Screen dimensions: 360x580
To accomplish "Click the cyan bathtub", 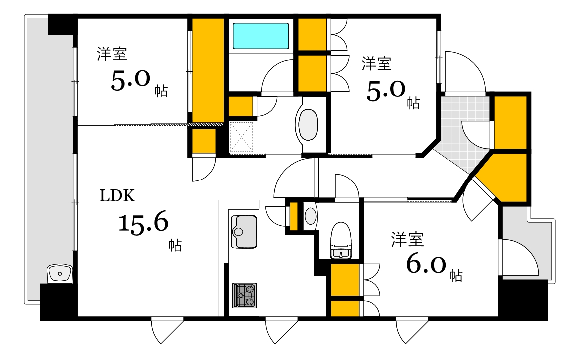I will tap(261, 36).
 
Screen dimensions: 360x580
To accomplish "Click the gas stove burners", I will tap(244, 295).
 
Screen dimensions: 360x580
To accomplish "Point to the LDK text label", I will tap(117, 196).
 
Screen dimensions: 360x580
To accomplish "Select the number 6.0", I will tap(427, 265).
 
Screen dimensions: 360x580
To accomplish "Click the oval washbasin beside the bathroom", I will tap(308, 125).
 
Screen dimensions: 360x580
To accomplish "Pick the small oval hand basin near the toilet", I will tap(310, 216).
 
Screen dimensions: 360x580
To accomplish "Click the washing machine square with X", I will tap(241, 136).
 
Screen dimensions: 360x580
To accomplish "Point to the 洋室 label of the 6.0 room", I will tap(407, 240).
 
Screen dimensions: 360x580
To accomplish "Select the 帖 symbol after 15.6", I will tap(174, 245).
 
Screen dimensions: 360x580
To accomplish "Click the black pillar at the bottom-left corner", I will tap(58, 302).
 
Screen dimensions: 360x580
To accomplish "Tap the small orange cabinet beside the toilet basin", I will tap(294, 216).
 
